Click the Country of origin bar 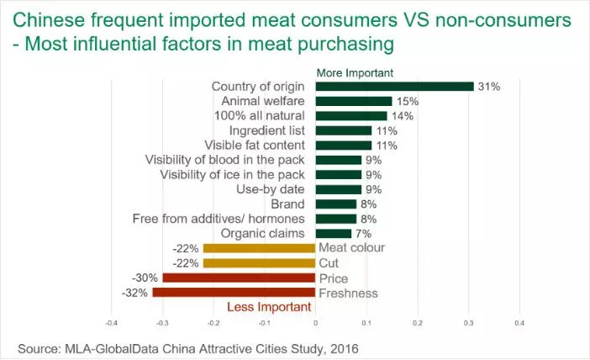[395, 86]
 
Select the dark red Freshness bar [234, 293]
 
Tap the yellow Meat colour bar [260, 247]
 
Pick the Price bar [239, 278]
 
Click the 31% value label [490, 86]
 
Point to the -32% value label [136, 293]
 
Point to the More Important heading [355, 72]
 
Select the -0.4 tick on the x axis [111, 322]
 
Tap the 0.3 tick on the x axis [468, 322]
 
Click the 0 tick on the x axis [315, 322]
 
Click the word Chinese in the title [55, 18]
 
